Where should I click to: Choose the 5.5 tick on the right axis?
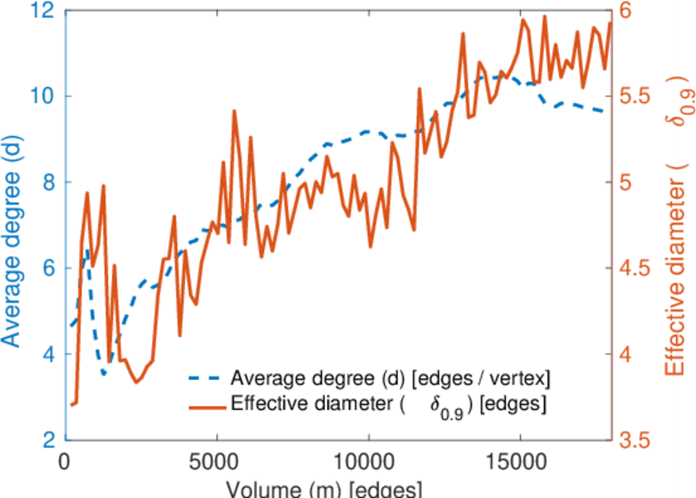639,96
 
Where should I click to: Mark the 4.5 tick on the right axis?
639,268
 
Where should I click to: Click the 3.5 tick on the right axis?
639,440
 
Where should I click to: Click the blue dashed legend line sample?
203,379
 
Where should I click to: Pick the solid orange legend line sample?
203,406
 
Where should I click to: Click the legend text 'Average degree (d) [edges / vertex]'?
390,379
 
